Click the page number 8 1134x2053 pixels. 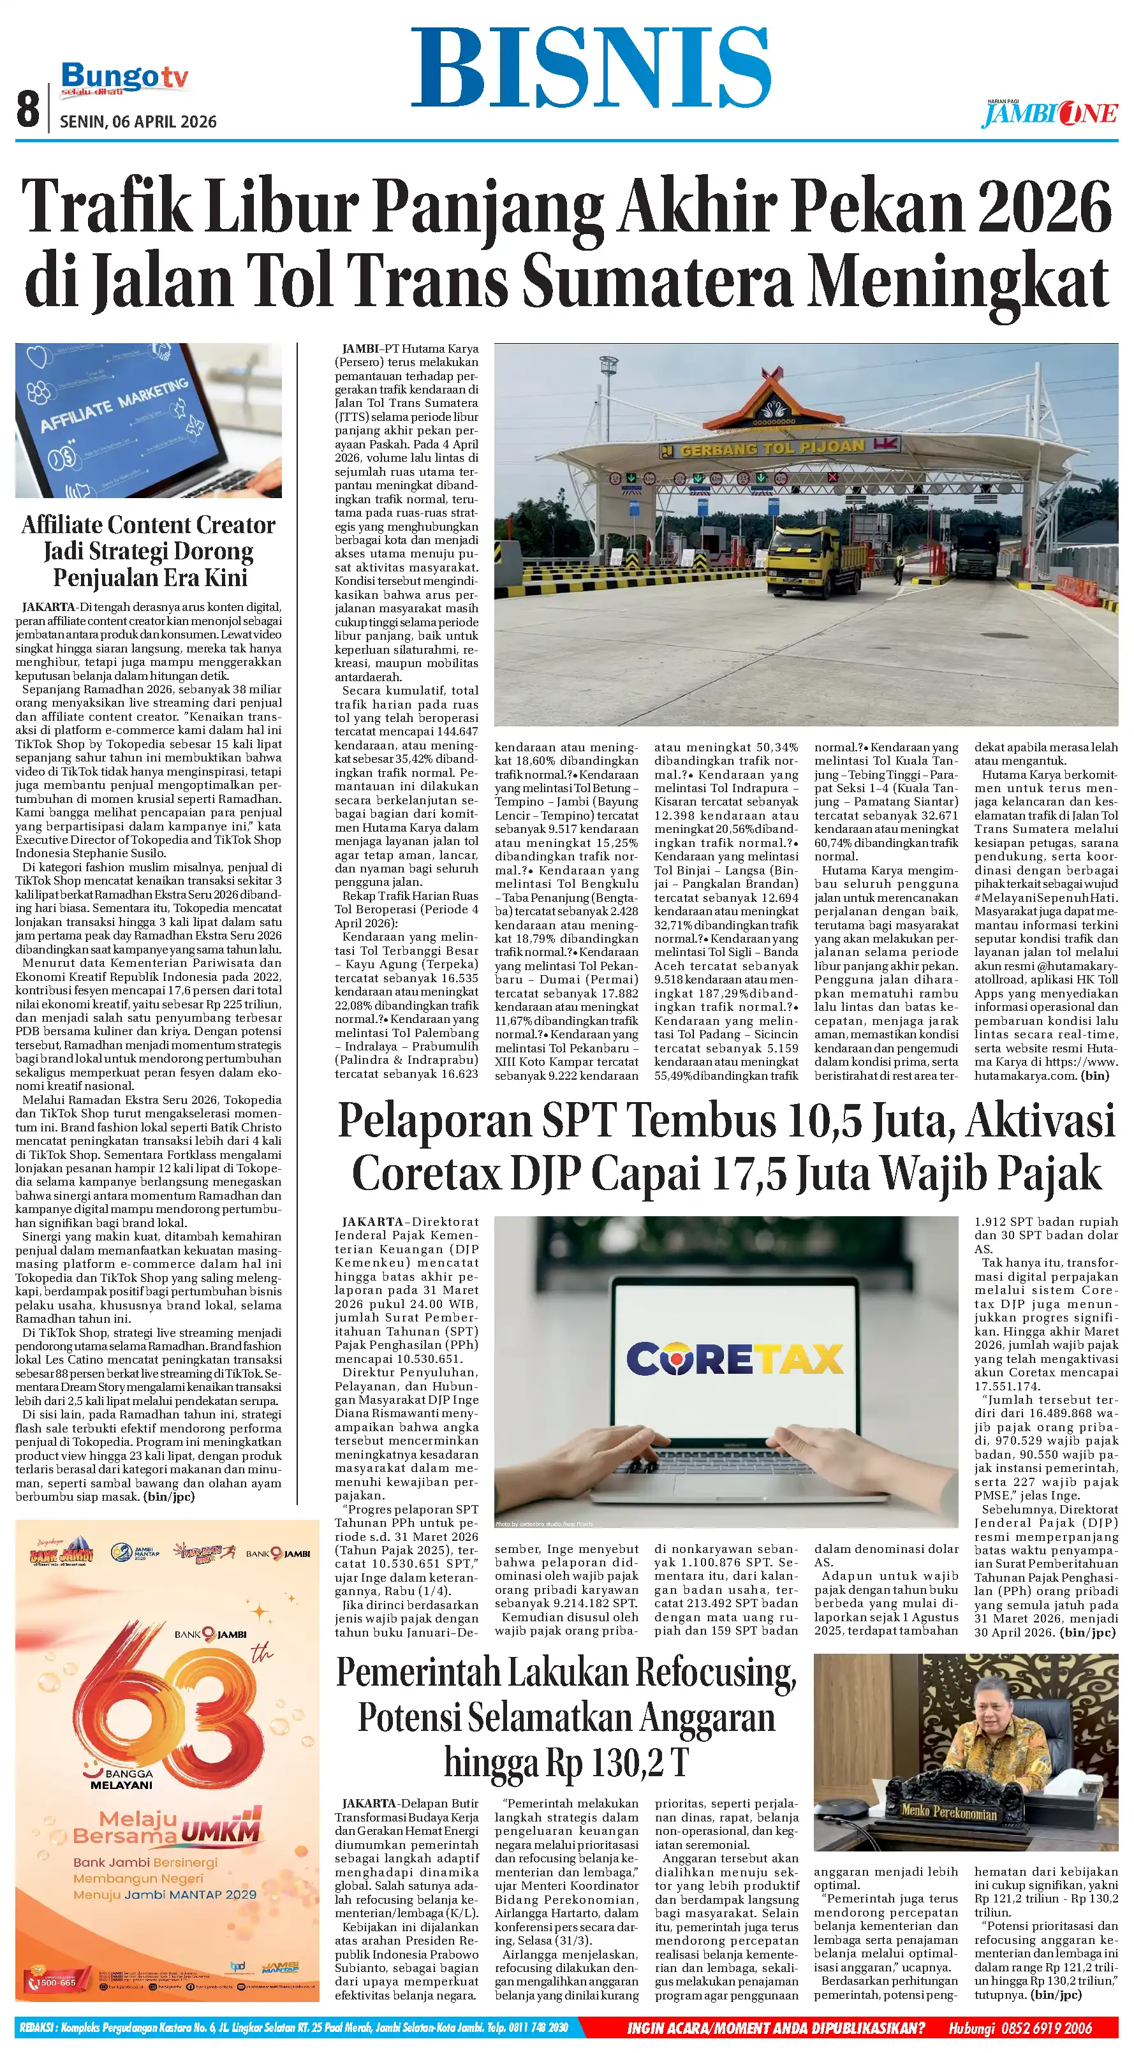(x=28, y=108)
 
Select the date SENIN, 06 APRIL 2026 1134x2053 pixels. (x=138, y=122)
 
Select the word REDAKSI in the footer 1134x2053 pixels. (x=35, y=2028)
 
